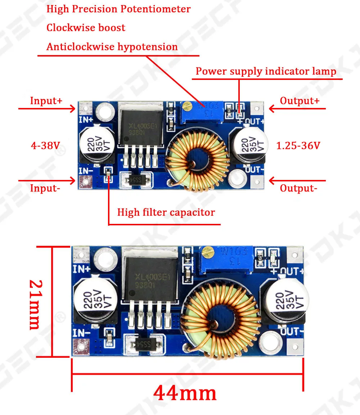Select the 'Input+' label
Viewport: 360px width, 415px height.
point(46,101)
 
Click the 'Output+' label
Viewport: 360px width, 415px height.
point(300,101)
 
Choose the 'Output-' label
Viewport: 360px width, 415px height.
point(298,188)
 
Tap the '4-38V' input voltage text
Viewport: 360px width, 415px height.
point(45,145)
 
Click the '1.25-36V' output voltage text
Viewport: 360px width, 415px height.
point(298,145)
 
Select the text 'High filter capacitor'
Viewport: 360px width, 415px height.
point(166,212)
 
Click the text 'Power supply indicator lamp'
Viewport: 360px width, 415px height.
point(266,71)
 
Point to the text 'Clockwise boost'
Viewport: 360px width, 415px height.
point(86,28)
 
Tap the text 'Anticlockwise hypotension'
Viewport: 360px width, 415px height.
point(112,47)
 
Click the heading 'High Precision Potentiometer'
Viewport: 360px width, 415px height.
point(118,9)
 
